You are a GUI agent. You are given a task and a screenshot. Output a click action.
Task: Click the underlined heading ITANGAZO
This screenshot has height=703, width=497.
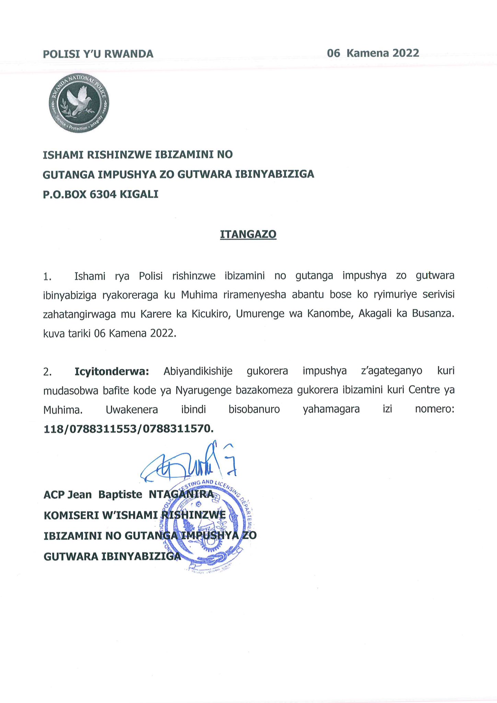pos(248,234)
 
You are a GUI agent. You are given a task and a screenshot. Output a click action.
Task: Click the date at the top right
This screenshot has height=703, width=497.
pos(373,53)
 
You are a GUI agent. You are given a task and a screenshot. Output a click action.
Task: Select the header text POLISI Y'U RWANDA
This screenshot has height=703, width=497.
pos(98,54)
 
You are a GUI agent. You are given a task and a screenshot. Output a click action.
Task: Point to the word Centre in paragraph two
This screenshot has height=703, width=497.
pos(424,390)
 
